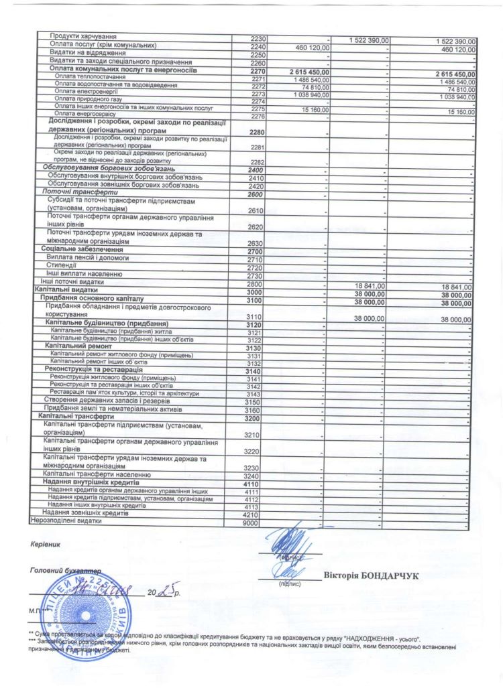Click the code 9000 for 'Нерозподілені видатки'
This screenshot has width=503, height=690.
(x=250, y=523)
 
